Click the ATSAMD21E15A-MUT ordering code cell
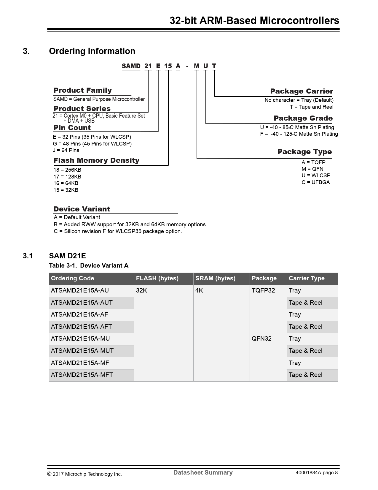click(82, 351)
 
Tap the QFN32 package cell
click(261, 339)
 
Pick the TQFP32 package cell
click(263, 290)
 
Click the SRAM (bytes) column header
click(215, 278)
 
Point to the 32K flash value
click(141, 290)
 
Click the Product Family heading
click(83, 90)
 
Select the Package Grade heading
click(303, 118)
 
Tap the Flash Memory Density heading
click(96, 160)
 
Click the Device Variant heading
click(82, 209)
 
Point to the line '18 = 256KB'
click(67, 170)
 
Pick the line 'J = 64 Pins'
click(66, 150)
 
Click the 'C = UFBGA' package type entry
click(315, 182)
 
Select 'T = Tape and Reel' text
click(312, 107)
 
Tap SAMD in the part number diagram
click(131, 66)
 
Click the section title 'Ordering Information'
click(92, 51)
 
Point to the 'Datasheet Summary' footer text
click(203, 472)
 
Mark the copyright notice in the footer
click(84, 474)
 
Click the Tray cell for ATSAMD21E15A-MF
click(295, 363)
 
